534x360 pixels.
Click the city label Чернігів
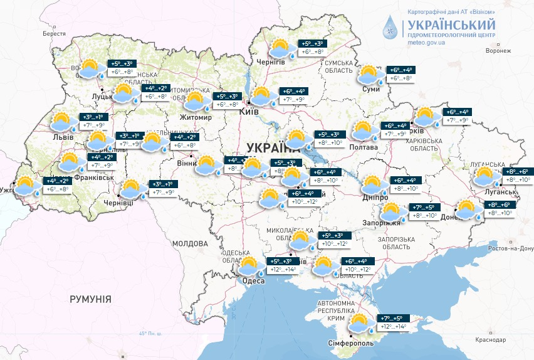click(x=271, y=61)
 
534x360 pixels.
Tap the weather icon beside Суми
click(x=371, y=75)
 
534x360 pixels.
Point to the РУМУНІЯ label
click(x=90, y=299)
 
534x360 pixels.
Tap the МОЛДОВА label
click(x=190, y=243)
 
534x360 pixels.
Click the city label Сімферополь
click(x=351, y=343)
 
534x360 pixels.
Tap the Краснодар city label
click(x=491, y=339)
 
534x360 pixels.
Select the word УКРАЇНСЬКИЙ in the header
click(x=451, y=25)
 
